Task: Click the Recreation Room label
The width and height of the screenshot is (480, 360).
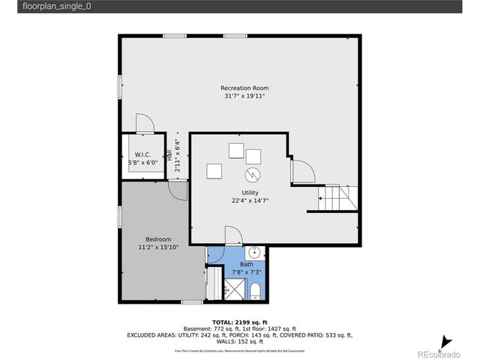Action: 244,88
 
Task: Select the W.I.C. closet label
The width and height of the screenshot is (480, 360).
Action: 142,154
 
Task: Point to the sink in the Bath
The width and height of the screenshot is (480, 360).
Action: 254,253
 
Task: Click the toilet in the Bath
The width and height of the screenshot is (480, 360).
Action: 254,290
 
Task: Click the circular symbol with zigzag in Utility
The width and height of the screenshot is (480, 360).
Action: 253,175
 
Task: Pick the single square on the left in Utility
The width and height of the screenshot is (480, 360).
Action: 214,171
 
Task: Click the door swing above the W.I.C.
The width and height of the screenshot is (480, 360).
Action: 143,124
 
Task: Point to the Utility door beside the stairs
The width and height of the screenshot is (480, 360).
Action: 302,172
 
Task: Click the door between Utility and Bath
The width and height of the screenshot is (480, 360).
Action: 232,236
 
